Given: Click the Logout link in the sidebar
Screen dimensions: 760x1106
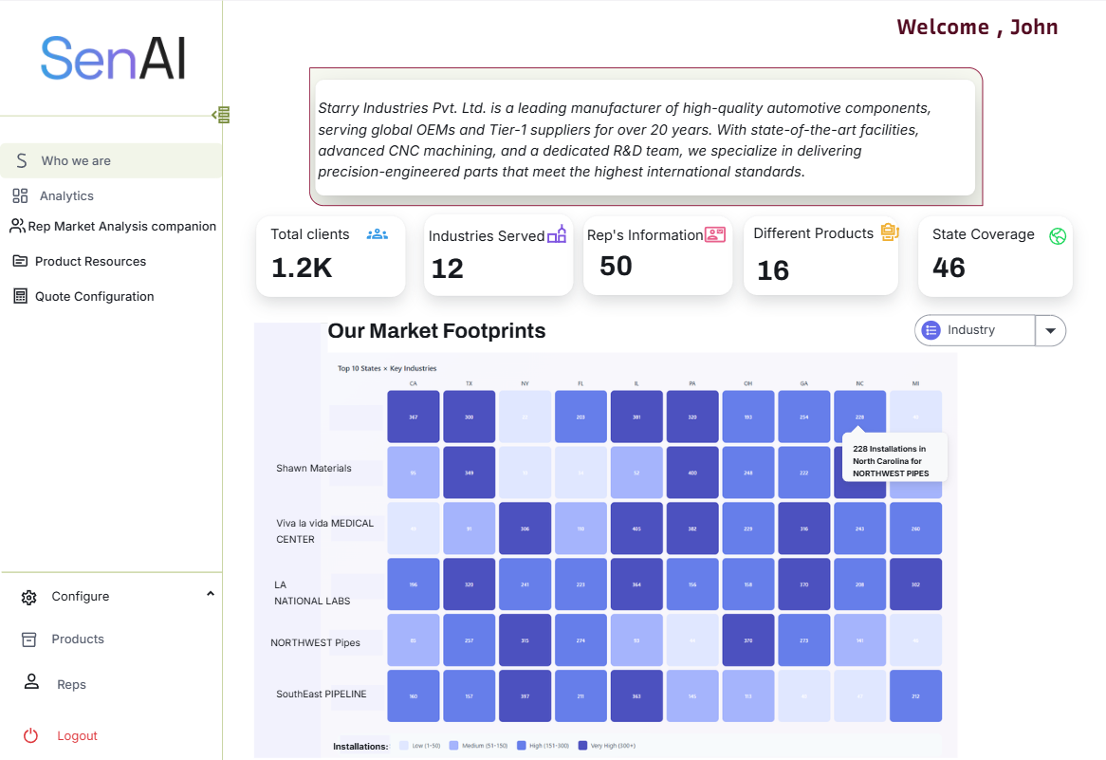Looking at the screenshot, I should pyautogui.click(x=77, y=736).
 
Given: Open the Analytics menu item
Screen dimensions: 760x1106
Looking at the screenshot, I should pyautogui.click(x=66, y=196).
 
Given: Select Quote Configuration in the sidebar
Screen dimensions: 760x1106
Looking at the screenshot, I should pyautogui.click(x=94, y=297).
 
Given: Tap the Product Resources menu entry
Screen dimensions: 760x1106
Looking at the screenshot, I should pyautogui.click(x=90, y=262).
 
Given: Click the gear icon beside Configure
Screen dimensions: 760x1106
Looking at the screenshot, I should pyautogui.click(x=29, y=598).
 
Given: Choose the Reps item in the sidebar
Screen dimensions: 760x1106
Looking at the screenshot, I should pyautogui.click(x=71, y=685).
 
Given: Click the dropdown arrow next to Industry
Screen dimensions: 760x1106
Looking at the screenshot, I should pyautogui.click(x=1050, y=331).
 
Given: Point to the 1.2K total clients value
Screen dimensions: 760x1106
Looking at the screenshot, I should pyautogui.click(x=302, y=269).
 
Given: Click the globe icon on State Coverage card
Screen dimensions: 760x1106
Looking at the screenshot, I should pyautogui.click(x=1058, y=236).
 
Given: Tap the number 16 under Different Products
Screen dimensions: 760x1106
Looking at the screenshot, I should pyautogui.click(x=773, y=271).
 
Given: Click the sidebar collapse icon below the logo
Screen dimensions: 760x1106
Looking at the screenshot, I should pyautogui.click(x=221, y=115).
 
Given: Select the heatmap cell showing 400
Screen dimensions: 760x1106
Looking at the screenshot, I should pyautogui.click(x=692, y=473).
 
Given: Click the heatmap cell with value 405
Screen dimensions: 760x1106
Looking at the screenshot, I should pyautogui.click(x=636, y=528).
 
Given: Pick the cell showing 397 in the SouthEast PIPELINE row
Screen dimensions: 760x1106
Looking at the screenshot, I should pyautogui.click(x=525, y=696).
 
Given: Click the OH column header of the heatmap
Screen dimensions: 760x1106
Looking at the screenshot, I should pyautogui.click(x=748, y=383).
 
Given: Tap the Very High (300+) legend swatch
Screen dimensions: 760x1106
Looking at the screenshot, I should pyautogui.click(x=582, y=746).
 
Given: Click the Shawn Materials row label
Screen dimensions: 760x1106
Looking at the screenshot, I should pyautogui.click(x=313, y=469).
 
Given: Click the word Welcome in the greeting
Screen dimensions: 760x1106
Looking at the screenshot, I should pyautogui.click(x=943, y=28).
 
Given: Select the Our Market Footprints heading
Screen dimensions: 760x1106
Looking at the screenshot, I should pyautogui.click(x=436, y=331).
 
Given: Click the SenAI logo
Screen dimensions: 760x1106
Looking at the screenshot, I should pyautogui.click(x=113, y=59).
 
